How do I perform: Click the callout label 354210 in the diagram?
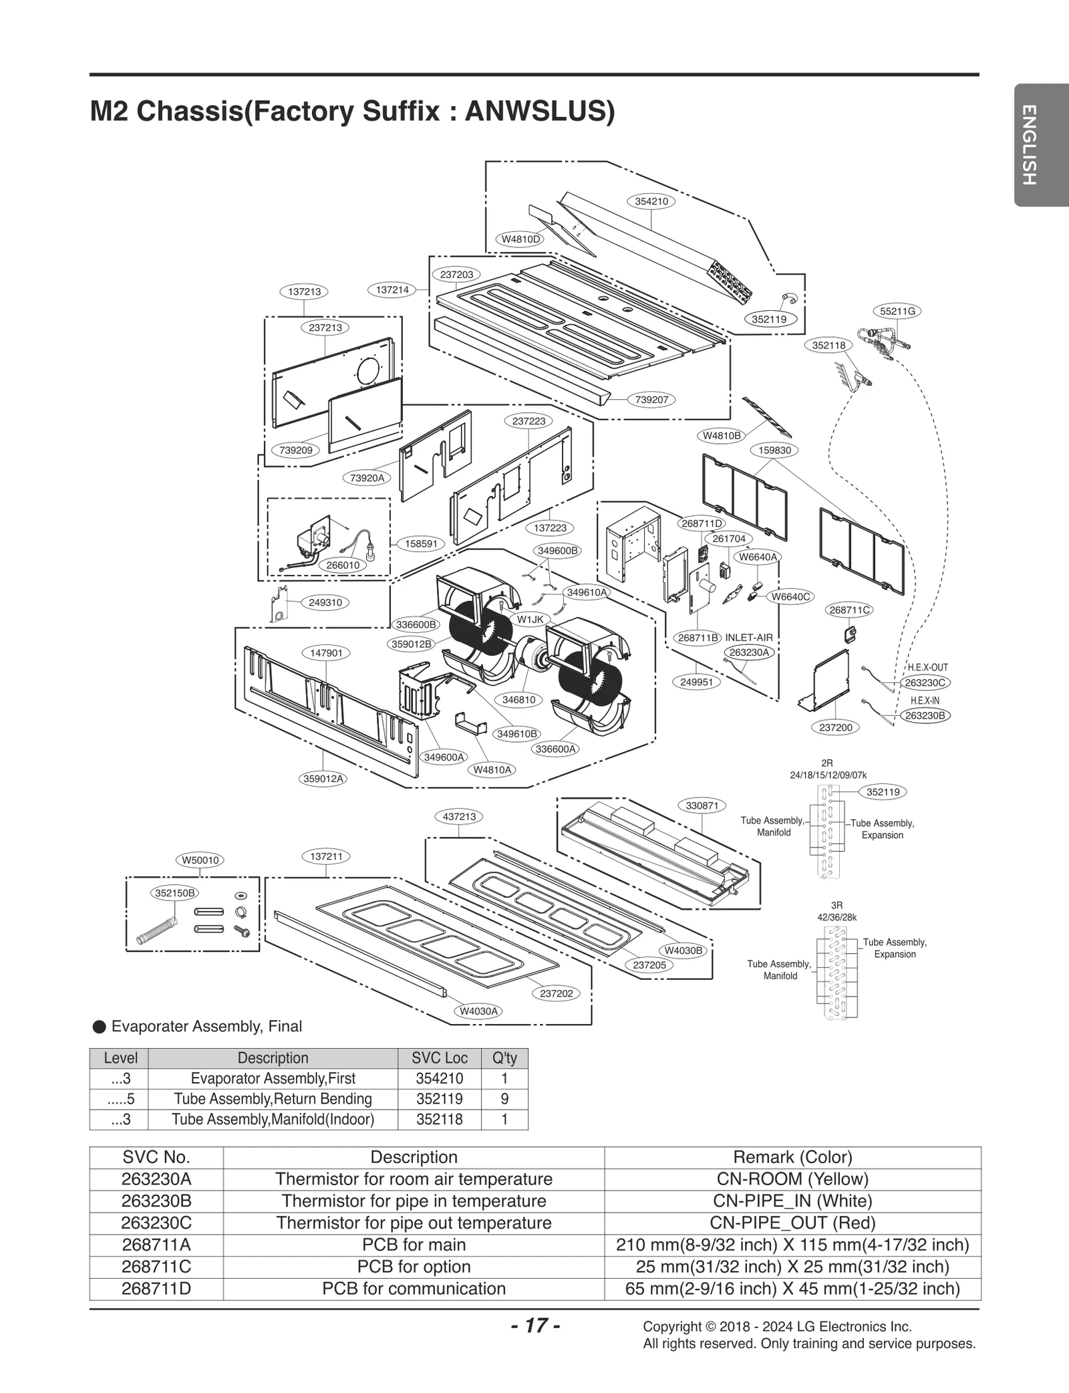point(651,201)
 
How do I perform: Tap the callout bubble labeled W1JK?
point(530,620)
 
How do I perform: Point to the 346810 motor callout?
point(518,700)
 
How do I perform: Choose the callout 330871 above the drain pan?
point(702,805)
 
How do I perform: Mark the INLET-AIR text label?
point(748,638)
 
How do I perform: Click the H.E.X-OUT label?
point(927,667)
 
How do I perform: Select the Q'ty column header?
point(504,1058)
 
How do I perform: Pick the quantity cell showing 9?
point(504,1099)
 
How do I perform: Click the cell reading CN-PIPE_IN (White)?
point(792,1200)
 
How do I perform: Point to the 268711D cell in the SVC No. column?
point(156,1288)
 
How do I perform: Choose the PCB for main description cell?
point(414,1245)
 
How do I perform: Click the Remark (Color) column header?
point(792,1157)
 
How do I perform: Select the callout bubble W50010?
point(200,860)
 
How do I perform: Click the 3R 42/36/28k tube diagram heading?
point(836,911)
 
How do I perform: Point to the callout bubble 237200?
point(835,727)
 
